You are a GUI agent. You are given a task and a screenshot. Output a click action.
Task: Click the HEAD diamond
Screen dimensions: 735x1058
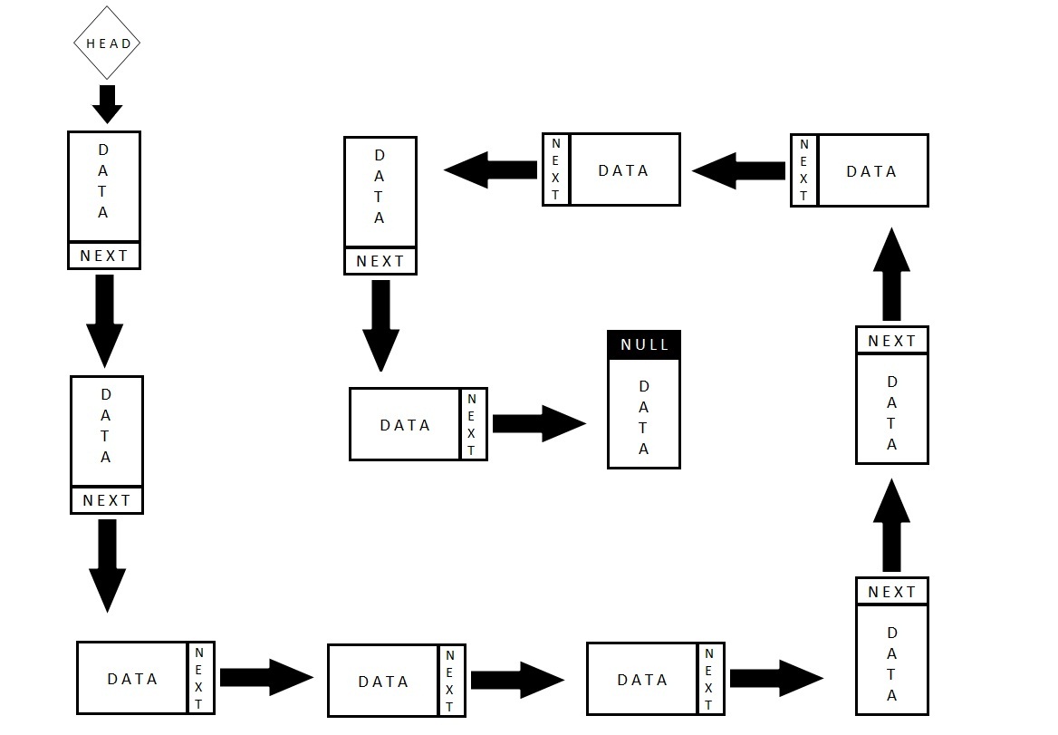coord(107,43)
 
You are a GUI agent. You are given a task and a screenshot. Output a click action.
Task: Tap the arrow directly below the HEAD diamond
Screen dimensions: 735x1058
coord(107,104)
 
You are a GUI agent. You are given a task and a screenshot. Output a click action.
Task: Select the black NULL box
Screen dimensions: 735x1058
coord(643,344)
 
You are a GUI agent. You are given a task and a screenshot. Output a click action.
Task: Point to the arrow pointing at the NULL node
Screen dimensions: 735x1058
coord(540,423)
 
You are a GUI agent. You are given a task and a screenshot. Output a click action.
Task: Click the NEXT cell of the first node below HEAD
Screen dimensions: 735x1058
coord(104,256)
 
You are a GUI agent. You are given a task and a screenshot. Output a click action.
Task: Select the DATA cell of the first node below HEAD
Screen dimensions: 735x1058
coord(103,186)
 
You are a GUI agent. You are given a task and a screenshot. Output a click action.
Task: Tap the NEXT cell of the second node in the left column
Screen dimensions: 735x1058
coord(107,500)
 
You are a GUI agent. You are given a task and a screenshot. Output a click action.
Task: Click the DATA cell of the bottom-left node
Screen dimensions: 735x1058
coord(132,678)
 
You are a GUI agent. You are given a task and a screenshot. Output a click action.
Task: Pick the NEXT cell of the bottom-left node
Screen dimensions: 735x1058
coord(200,678)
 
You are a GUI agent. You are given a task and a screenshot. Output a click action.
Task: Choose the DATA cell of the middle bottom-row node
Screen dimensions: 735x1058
coord(383,681)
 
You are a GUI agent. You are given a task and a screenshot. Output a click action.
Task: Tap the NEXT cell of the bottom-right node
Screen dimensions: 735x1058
coord(892,592)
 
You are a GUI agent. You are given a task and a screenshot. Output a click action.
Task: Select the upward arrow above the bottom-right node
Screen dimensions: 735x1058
coord(892,526)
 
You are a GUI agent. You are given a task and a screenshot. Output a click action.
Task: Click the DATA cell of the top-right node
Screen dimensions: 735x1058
coord(872,170)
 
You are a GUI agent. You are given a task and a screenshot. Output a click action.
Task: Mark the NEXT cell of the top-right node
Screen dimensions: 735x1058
coord(803,170)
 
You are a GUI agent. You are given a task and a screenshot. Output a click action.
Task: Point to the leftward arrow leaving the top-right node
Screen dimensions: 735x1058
coord(738,170)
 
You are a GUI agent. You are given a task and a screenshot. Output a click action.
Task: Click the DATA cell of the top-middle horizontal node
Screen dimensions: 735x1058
coord(624,169)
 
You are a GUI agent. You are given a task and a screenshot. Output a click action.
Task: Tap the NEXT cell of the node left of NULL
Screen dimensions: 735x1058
coord(473,424)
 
